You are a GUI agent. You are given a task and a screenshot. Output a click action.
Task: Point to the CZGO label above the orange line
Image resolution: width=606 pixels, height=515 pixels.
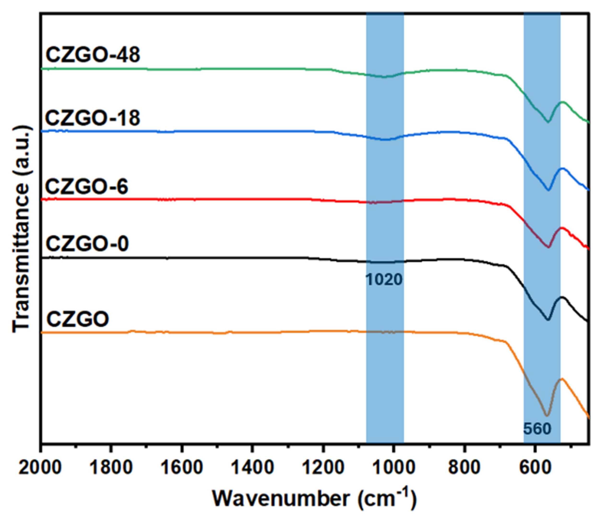(77, 319)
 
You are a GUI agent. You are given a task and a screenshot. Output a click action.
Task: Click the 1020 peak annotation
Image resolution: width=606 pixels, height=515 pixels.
(384, 280)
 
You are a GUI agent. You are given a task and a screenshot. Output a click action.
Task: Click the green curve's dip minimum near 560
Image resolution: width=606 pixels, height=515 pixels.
(548, 122)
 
